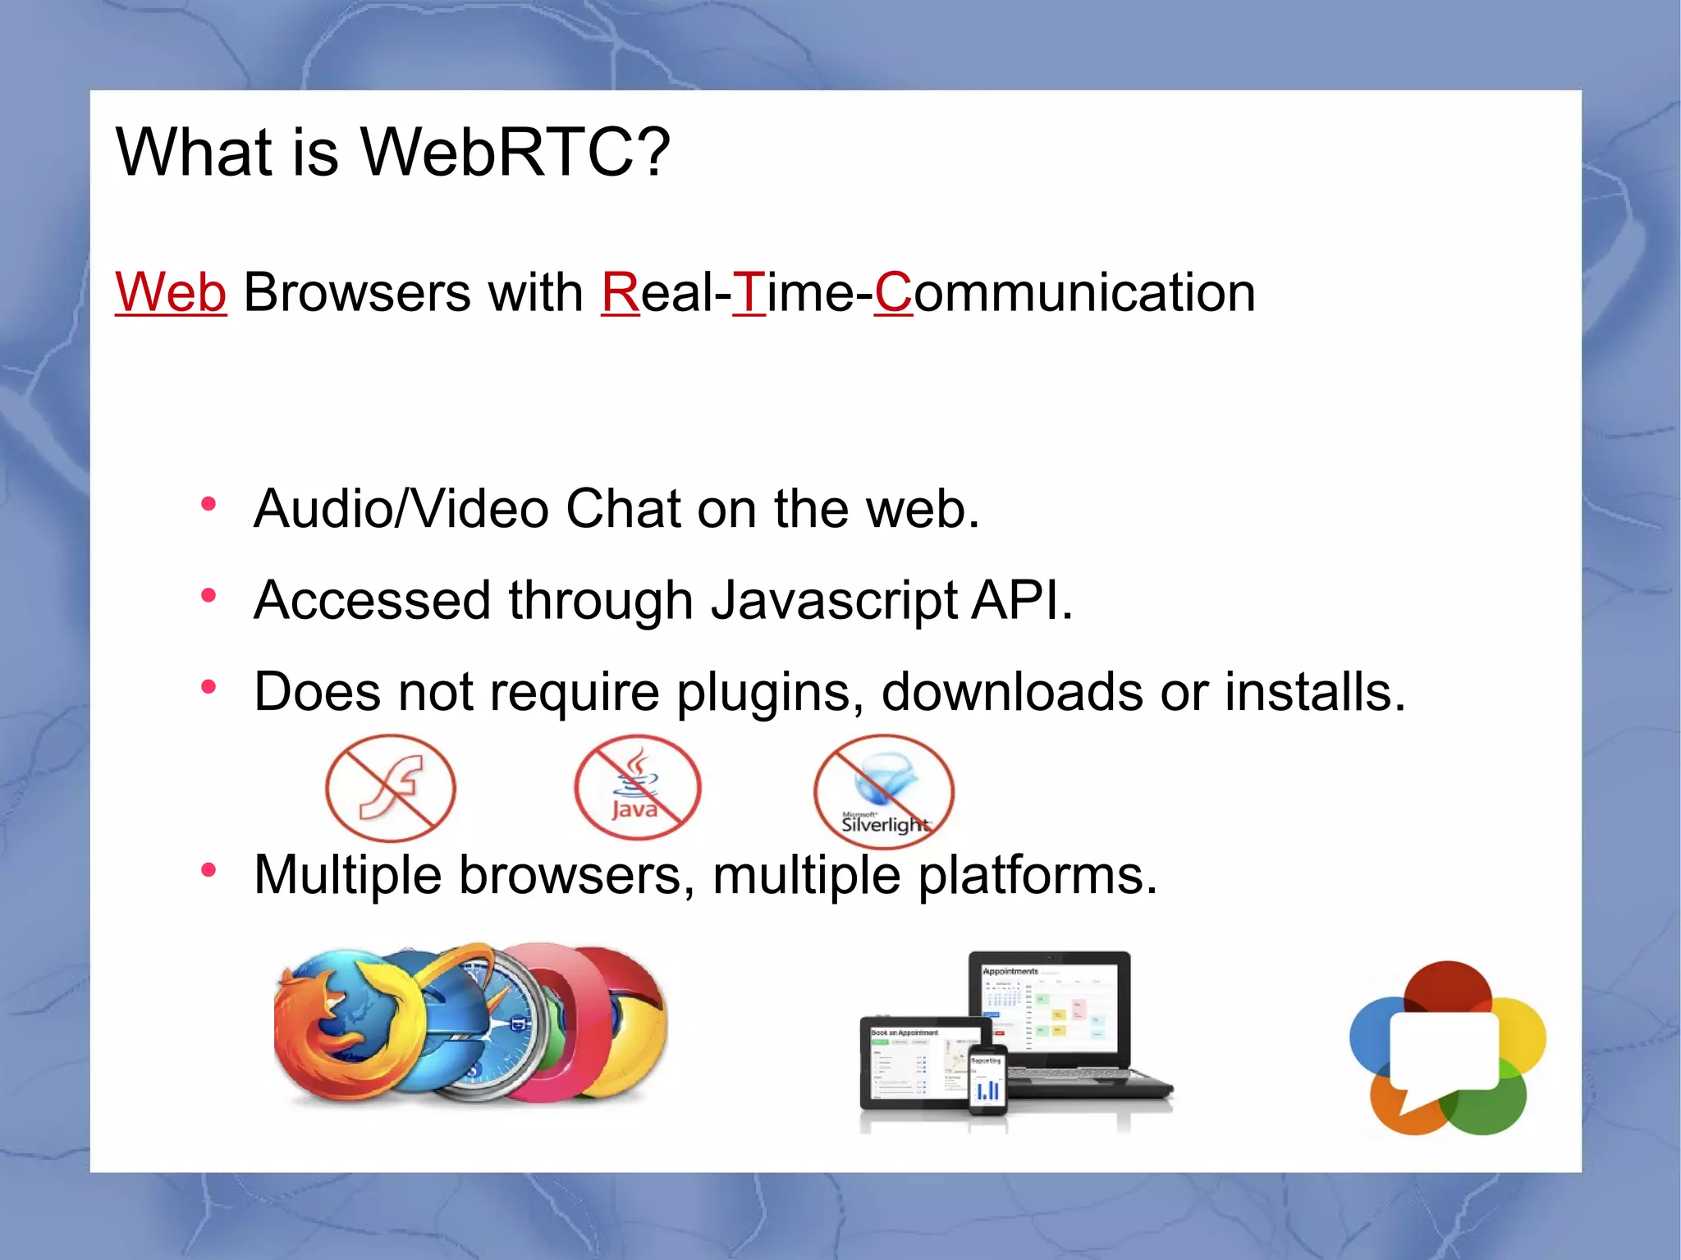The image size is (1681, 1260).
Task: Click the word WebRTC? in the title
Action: (x=515, y=153)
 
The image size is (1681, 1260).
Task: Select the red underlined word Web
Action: (x=171, y=292)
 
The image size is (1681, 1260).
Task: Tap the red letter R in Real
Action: (x=620, y=292)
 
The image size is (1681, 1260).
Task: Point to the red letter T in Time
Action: (x=748, y=292)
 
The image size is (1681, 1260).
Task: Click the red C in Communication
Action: (x=893, y=292)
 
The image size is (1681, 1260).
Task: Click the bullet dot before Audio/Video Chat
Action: (x=208, y=504)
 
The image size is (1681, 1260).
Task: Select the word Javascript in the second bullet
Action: (x=834, y=601)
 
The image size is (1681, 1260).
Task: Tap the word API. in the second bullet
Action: (x=1022, y=601)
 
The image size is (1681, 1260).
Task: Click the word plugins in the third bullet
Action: (x=768, y=692)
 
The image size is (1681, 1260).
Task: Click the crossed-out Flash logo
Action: (x=391, y=788)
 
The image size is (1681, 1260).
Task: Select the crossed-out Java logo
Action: (x=637, y=788)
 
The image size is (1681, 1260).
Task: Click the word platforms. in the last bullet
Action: (x=1037, y=875)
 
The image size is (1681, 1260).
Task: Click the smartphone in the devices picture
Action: (x=987, y=1080)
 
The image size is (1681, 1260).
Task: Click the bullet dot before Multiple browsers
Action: (x=208, y=869)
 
